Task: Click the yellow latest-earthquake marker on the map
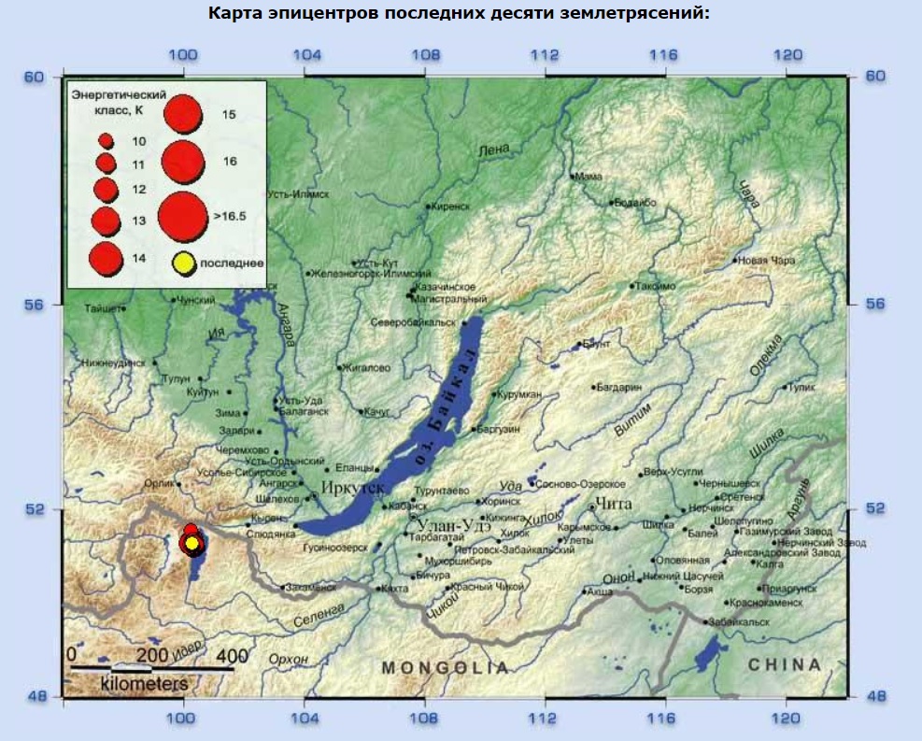coord(191,543)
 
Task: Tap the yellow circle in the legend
coord(183,264)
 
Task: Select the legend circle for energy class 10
coord(106,141)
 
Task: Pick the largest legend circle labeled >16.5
coord(182,216)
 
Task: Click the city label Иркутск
coord(353,488)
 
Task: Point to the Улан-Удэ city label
coord(454,524)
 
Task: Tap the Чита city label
coord(614,506)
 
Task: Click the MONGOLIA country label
coord(446,668)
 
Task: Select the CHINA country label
coord(785,665)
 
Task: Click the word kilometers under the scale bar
coord(144,684)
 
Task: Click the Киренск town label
coord(451,207)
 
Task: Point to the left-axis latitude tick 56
coord(35,305)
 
